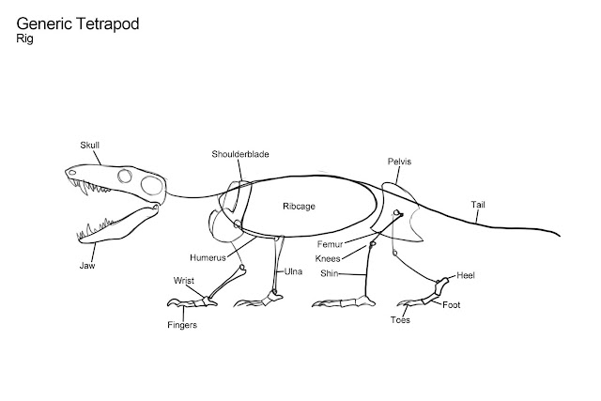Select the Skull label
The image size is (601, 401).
tap(91, 145)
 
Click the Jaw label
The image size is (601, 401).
tap(86, 265)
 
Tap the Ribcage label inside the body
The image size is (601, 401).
tap(298, 206)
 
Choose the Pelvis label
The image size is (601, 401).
tap(399, 162)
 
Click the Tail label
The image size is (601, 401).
tap(480, 204)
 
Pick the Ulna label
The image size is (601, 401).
tap(293, 271)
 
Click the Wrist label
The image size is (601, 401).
tap(183, 280)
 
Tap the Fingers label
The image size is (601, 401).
tap(184, 325)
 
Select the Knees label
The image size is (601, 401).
tap(328, 258)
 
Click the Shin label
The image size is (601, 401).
tap(328, 273)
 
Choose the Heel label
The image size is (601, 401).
tap(466, 275)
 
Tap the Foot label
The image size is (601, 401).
tap(452, 304)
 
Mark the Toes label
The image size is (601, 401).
tap(400, 320)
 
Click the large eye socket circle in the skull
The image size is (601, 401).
tap(125, 177)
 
